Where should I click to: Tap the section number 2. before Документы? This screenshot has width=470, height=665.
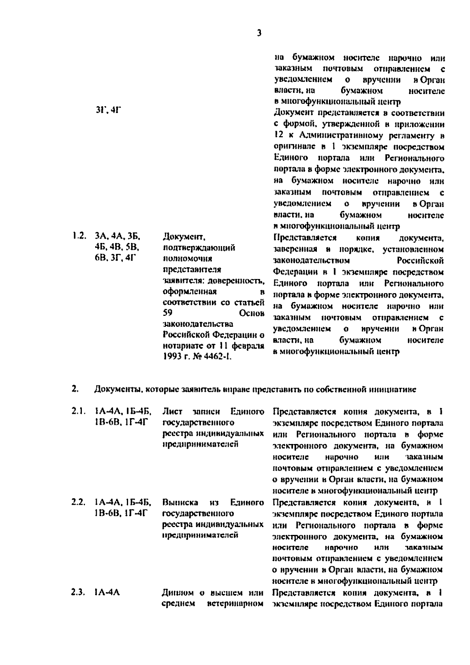tap(74, 389)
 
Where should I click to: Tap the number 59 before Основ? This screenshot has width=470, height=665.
tap(167, 313)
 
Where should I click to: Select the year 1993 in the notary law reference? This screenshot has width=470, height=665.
tap(171, 357)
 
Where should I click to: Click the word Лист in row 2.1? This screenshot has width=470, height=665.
tap(171, 411)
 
